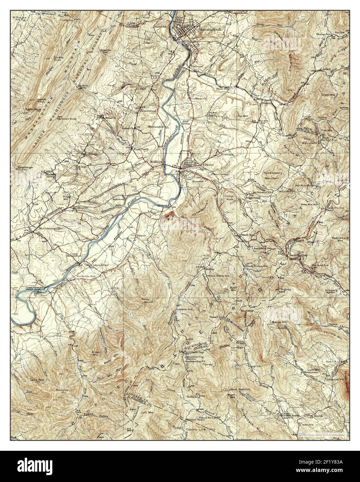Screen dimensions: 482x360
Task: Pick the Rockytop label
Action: click(x=64, y=390)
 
